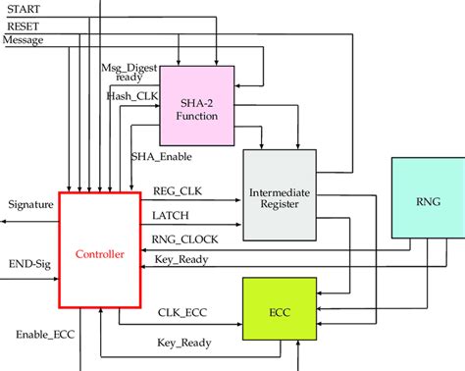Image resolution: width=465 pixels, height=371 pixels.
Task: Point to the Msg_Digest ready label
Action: tap(127, 73)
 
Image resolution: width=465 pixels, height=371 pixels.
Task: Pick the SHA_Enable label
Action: tap(162, 156)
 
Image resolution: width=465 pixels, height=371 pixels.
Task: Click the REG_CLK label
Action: tap(178, 192)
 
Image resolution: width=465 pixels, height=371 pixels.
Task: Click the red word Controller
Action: tap(100, 254)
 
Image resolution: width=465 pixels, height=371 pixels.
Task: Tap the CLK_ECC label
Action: tap(183, 315)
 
